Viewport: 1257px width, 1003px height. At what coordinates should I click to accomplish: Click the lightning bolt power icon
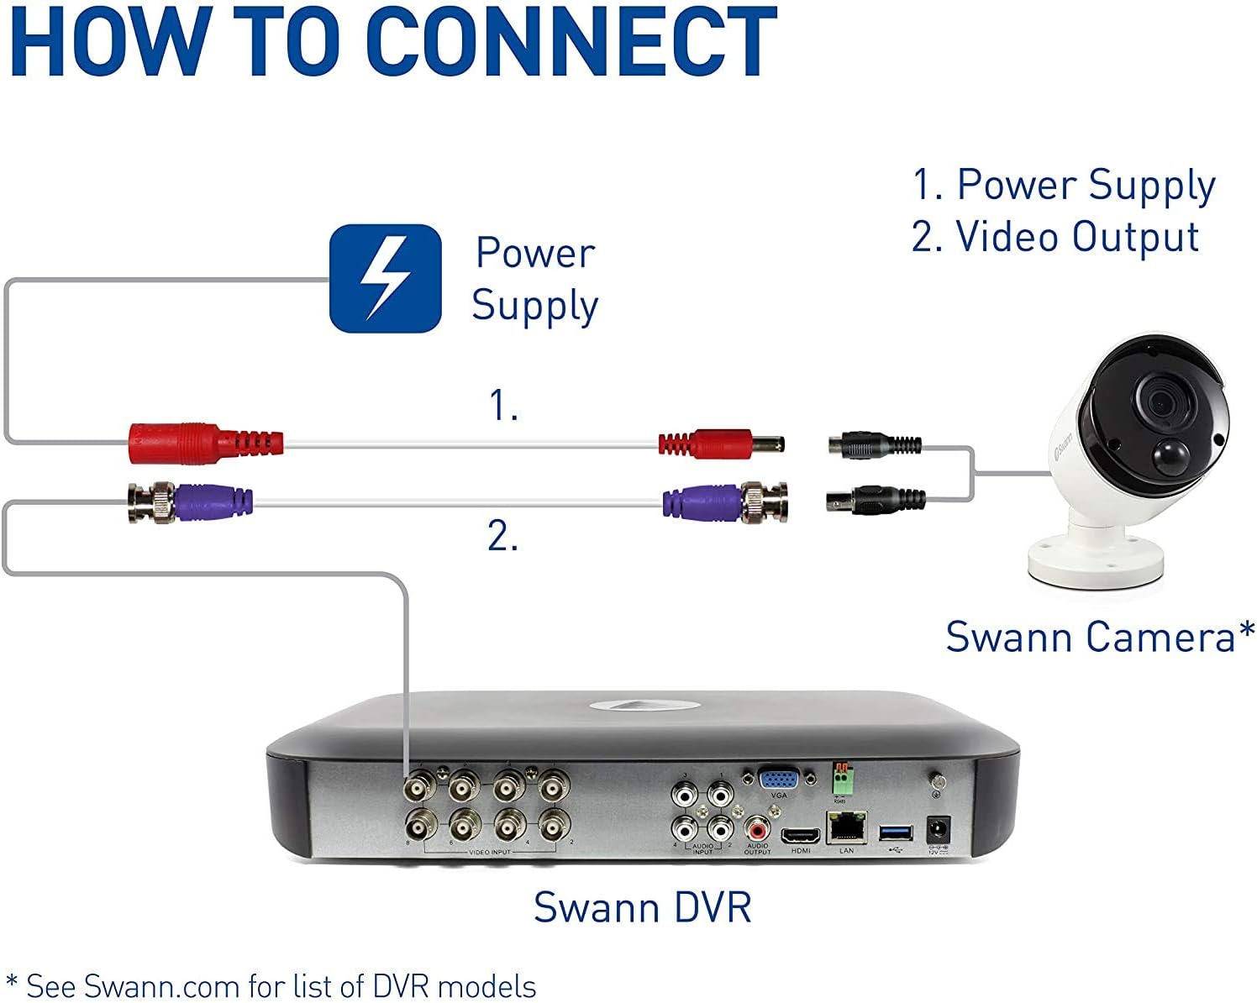(385, 278)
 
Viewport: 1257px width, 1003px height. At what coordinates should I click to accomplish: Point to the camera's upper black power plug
(874, 445)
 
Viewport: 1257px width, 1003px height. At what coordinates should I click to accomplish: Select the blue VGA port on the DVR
(778, 778)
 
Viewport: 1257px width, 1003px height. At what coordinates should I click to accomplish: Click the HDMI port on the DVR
(801, 835)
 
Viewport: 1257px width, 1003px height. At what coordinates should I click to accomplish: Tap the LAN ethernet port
(846, 828)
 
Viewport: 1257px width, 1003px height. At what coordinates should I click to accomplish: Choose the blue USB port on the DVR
(896, 832)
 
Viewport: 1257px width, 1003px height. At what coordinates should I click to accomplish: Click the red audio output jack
(757, 831)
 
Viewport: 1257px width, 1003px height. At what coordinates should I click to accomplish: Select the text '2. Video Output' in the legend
(1055, 237)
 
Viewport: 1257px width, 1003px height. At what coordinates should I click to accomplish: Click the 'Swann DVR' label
(643, 907)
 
